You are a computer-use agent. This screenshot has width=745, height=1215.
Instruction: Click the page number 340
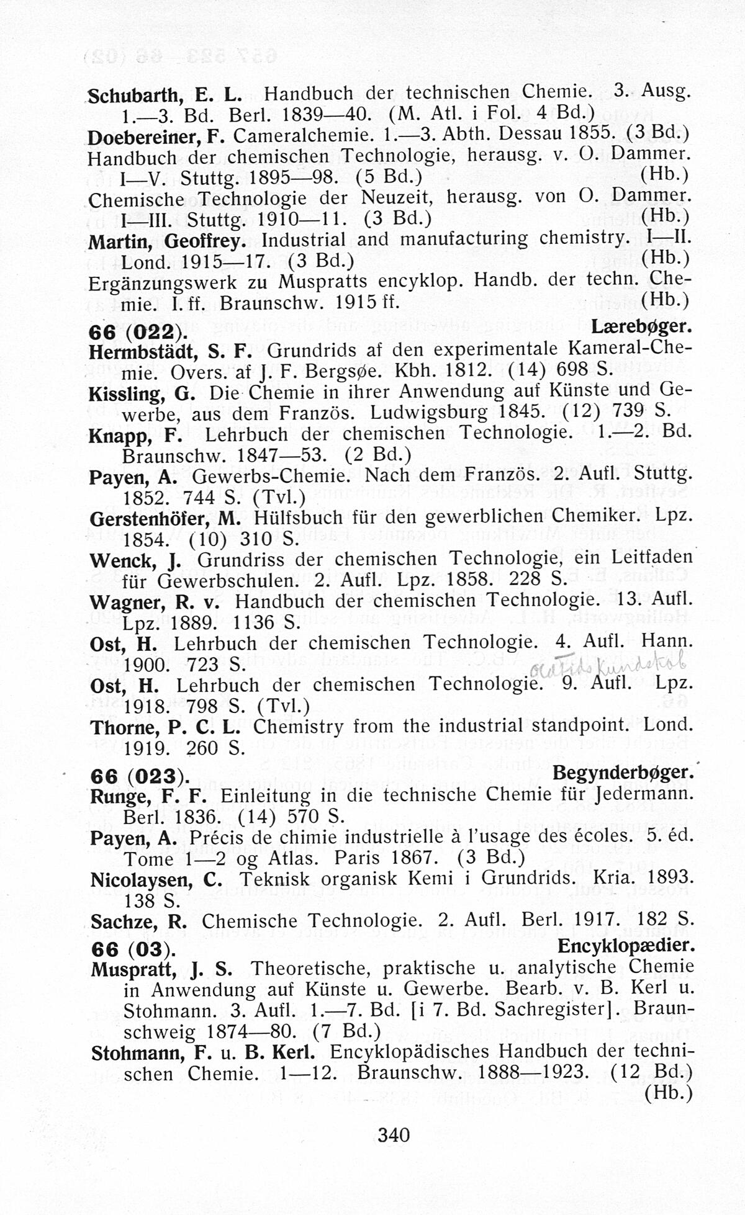[394, 1135]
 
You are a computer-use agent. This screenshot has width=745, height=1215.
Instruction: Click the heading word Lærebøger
[642, 327]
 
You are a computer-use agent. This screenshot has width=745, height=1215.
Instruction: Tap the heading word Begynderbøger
[622, 773]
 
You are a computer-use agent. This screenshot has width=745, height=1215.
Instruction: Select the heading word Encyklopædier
[625, 945]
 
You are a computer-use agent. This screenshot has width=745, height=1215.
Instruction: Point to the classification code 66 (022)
[135, 331]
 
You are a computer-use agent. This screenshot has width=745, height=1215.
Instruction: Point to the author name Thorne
[121, 727]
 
